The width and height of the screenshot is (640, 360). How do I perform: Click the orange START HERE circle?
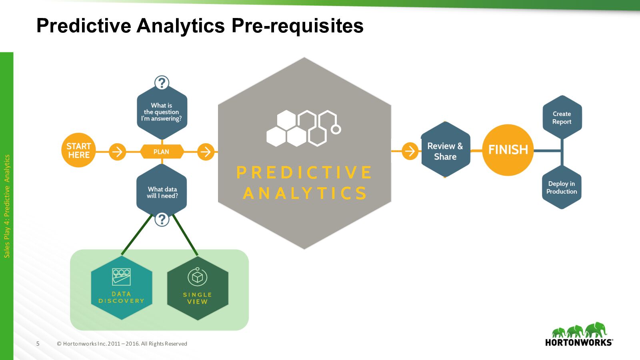click(78, 150)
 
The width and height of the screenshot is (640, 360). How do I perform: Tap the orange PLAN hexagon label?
click(162, 152)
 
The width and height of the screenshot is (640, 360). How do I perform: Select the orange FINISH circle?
click(508, 150)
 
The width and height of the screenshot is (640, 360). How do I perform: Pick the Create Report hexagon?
click(562, 118)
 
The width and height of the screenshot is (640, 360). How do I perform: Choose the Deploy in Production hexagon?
click(562, 188)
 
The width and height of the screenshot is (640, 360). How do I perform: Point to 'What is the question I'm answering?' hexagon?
click(162, 112)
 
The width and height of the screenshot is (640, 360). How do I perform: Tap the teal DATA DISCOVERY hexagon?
click(122, 288)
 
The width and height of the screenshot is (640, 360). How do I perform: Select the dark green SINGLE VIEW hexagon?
click(198, 288)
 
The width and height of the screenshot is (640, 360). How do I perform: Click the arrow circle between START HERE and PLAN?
click(118, 152)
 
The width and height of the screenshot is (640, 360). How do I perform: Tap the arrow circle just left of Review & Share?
click(410, 151)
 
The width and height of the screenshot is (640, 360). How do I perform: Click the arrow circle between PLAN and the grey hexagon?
click(206, 152)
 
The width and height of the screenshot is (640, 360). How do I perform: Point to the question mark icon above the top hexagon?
click(162, 83)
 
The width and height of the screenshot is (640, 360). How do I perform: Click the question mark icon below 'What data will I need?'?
click(162, 219)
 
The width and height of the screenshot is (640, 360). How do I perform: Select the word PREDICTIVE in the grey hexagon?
click(304, 173)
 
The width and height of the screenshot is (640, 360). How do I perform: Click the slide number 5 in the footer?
click(38, 344)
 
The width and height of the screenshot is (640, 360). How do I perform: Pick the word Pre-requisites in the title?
click(297, 26)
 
